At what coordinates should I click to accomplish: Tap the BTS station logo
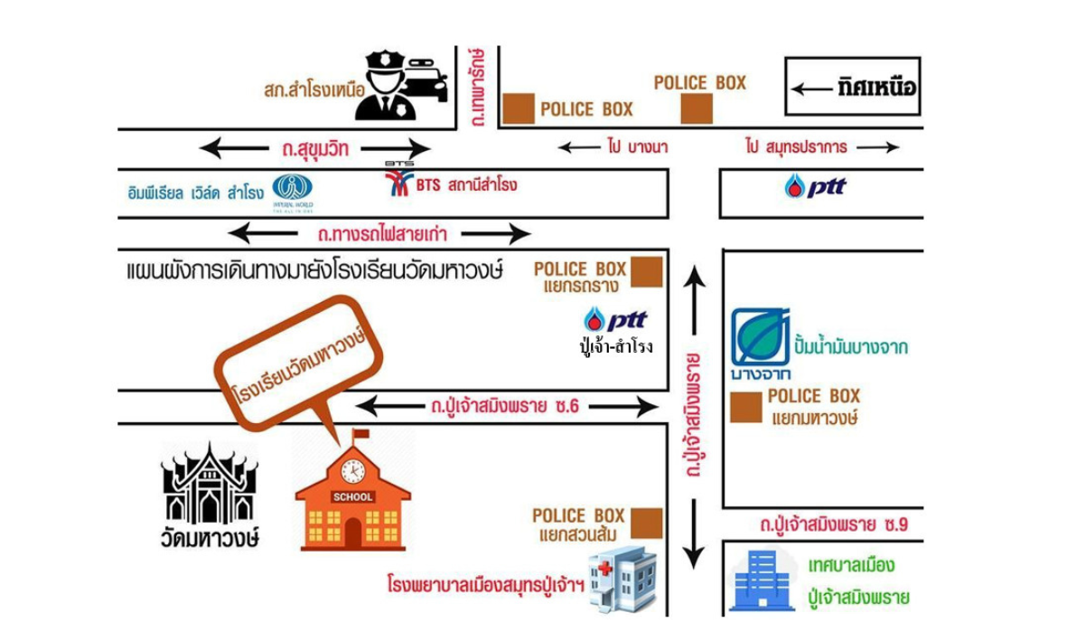[397, 184]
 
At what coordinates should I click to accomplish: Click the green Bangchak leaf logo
[761, 337]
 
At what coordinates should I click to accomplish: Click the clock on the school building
[352, 471]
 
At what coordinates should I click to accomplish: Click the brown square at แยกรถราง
[646, 271]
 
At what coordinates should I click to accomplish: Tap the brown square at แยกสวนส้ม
[646, 523]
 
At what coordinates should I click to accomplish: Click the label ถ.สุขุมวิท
[315, 147]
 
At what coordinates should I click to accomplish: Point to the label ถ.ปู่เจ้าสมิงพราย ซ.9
[833, 524]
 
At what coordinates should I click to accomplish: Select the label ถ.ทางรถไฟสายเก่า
[379, 234]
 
